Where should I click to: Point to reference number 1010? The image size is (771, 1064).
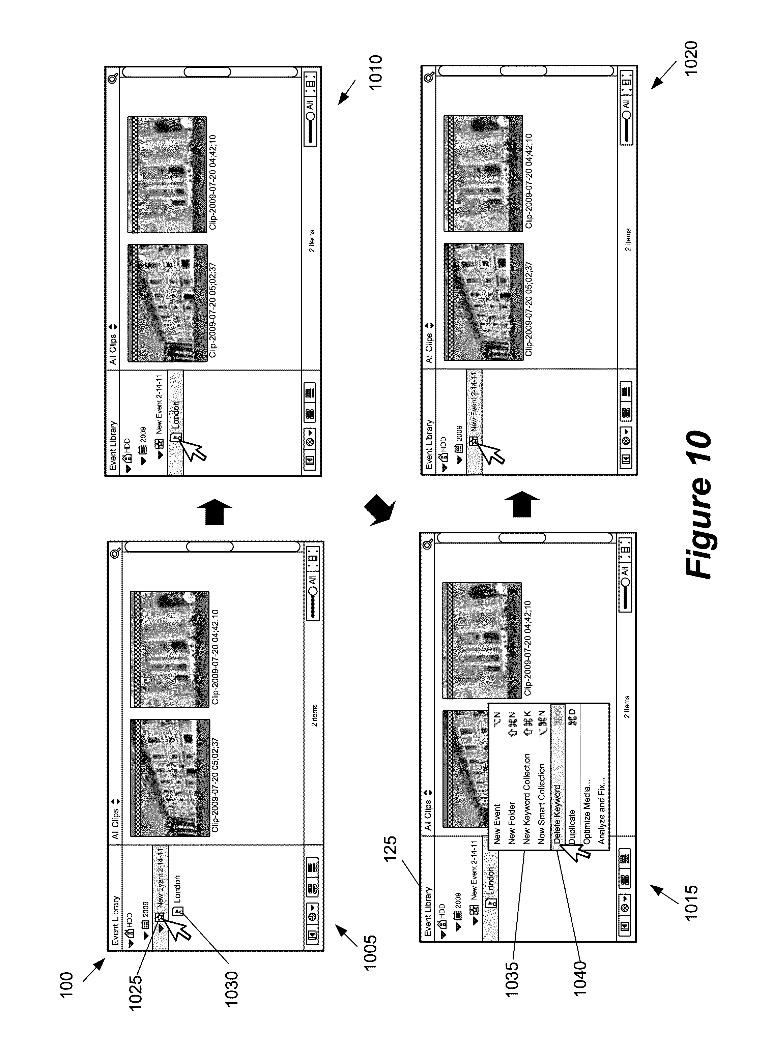[x=375, y=73]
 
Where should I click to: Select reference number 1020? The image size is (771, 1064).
[x=691, y=58]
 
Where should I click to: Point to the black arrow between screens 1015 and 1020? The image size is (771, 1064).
[x=522, y=504]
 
